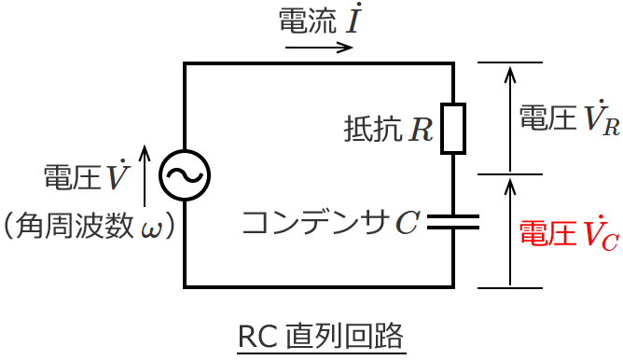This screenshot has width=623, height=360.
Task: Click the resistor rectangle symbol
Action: click(x=453, y=128)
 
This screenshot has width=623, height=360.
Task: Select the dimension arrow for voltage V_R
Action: click(x=509, y=118)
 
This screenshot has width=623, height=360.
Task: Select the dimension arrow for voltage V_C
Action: click(x=509, y=231)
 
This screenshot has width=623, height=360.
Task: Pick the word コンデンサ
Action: click(x=315, y=222)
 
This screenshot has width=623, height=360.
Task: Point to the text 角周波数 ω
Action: click(x=90, y=226)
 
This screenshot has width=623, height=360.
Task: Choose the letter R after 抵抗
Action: click(x=421, y=129)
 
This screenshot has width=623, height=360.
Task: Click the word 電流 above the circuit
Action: click(x=306, y=22)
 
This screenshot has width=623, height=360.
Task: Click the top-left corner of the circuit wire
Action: click(x=185, y=63)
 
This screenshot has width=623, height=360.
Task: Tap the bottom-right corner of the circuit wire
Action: click(x=453, y=287)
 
